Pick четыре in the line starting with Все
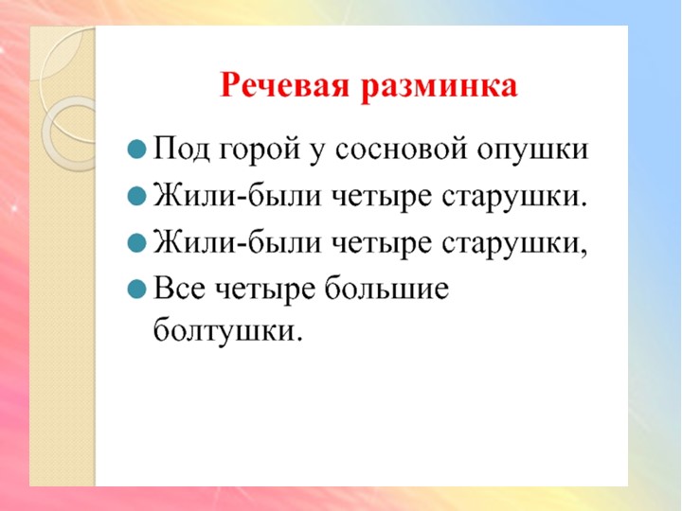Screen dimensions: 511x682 coord(275,290)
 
